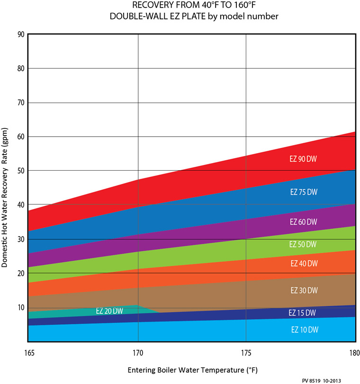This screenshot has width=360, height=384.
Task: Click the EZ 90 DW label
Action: click(303, 159)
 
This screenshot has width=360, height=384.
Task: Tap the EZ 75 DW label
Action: click(303, 192)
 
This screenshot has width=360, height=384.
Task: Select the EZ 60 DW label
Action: click(303, 222)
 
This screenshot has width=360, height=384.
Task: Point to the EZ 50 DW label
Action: click(303, 244)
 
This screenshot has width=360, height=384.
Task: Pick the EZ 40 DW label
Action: click(303, 263)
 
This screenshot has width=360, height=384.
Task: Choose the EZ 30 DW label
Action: click(303, 290)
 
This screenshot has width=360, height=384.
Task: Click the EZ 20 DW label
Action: click(109, 311)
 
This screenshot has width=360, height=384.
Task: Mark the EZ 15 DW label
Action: click(302, 313)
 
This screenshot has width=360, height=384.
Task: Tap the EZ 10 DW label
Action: click(303, 329)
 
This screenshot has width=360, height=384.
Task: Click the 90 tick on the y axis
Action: click(20, 34)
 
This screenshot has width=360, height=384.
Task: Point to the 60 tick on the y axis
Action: click(20, 137)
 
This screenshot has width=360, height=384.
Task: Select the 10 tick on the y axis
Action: click(20, 307)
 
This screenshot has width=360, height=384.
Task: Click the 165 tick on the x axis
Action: click(28, 353)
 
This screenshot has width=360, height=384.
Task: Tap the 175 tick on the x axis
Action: click(246, 353)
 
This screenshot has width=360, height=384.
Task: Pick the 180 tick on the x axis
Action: click(354, 353)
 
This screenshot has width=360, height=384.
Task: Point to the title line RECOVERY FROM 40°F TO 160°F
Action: click(191, 6)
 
